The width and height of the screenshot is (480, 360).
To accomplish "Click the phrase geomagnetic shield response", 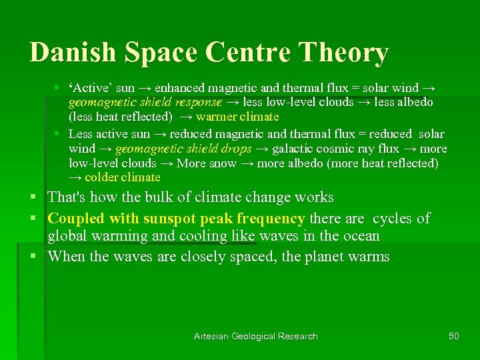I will (145, 102).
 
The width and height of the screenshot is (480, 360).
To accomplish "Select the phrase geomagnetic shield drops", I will (183, 148).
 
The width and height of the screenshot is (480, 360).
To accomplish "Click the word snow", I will (224, 163).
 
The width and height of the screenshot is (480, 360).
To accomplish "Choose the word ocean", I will (358, 236).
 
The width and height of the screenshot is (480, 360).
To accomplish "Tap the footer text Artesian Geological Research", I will (255, 336).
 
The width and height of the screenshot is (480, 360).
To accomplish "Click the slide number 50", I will (453, 336).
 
